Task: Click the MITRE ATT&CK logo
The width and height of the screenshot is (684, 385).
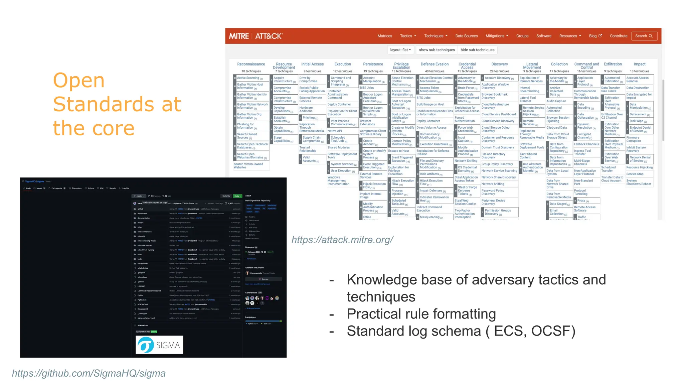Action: click(255, 36)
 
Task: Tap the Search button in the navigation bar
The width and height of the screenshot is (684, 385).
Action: click(644, 36)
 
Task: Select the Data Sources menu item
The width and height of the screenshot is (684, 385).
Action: click(466, 36)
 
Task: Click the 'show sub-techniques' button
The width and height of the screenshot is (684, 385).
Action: click(437, 50)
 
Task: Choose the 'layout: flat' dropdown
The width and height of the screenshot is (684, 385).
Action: click(400, 50)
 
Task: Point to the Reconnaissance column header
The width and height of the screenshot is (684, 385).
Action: click(251, 64)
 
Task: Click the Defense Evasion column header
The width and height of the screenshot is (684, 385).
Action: click(435, 64)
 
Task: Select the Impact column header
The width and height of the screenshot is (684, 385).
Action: click(639, 64)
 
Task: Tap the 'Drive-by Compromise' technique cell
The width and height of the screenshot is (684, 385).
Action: click(308, 80)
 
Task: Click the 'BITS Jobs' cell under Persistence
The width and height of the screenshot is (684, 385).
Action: click(367, 88)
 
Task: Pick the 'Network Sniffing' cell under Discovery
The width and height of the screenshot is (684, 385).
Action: click(493, 184)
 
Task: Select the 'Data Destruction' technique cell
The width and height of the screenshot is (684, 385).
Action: click(638, 88)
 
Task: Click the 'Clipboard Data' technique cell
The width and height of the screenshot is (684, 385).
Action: click(556, 128)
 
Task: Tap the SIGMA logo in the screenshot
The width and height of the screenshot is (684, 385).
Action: click(159, 345)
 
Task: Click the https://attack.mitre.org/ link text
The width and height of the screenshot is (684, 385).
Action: click(342, 240)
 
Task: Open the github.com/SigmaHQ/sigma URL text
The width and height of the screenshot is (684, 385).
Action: click(89, 373)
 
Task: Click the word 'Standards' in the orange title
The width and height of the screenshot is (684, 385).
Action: click(117, 104)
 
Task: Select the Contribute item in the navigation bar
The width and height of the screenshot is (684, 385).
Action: click(618, 36)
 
